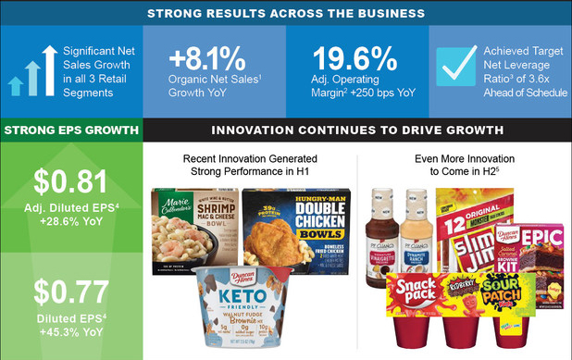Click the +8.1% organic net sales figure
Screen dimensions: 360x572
[x=207, y=57]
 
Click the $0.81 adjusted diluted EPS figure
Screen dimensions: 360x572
[x=70, y=180]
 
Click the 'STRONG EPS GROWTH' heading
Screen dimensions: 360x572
[x=70, y=130]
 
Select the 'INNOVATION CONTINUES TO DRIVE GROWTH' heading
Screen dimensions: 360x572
[x=357, y=130]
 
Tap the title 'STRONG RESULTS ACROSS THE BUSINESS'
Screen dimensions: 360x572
[x=285, y=13]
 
